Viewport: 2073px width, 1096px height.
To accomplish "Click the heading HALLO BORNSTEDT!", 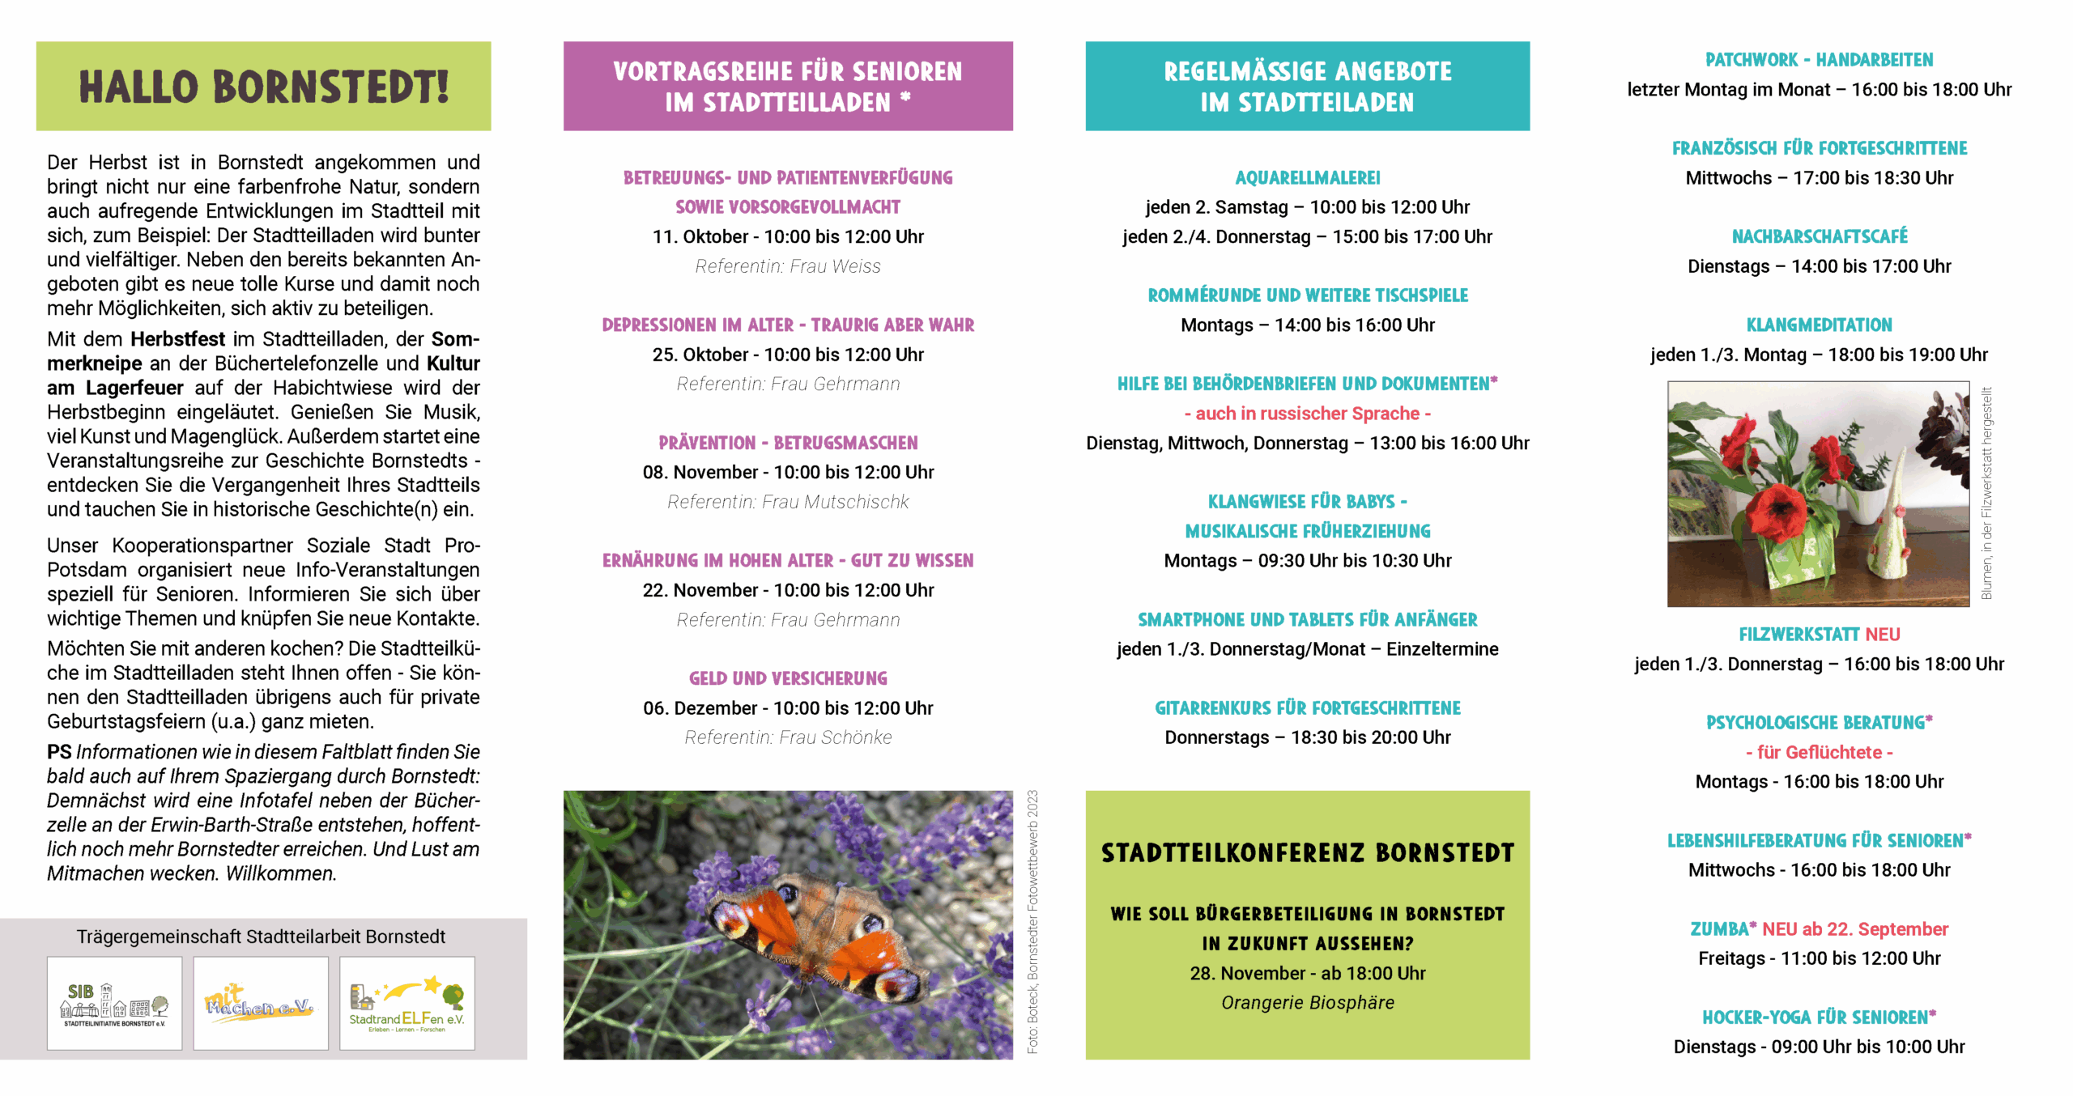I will click(263, 87).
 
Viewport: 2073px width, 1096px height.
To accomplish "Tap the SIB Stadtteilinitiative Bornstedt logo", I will click(114, 1003).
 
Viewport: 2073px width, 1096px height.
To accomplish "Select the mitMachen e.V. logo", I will click(260, 1003).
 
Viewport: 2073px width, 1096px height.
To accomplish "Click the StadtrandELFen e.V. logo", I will click(407, 1004).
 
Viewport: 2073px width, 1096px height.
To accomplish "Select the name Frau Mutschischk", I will click(835, 503).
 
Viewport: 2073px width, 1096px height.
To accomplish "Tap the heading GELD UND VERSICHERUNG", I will click(788, 678).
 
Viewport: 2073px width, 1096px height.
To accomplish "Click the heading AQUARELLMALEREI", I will click(1307, 178).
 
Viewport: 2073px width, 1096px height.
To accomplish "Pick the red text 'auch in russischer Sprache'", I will click(1307, 414).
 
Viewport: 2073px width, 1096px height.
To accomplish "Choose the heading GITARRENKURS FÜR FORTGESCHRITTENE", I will click(1307, 708).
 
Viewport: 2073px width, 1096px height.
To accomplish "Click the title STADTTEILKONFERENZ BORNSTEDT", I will click(1307, 853).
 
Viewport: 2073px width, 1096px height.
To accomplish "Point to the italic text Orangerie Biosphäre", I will click(1307, 1003).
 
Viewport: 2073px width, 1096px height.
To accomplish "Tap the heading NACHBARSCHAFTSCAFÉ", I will click(1819, 237).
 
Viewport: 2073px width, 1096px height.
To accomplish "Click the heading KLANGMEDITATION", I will click(1819, 325).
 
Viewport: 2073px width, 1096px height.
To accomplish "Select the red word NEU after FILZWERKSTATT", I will click(1882, 635).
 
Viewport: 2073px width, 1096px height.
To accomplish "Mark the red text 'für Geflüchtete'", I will click(1819, 753).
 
